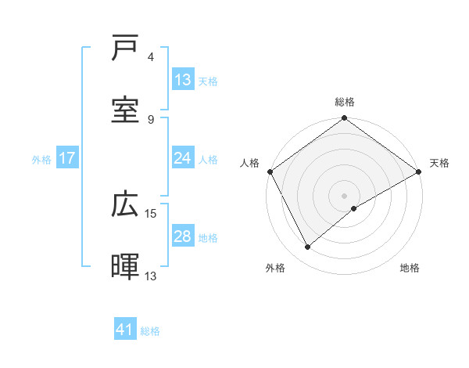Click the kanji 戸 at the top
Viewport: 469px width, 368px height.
point(127,49)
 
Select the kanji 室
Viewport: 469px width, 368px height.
point(127,110)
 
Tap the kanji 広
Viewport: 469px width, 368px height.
point(127,204)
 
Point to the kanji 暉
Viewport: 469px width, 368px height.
point(127,266)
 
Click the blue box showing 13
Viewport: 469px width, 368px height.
point(183,80)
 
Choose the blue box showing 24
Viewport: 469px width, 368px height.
point(183,158)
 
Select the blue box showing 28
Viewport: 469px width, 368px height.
point(183,236)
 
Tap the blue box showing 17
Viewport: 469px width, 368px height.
point(67,158)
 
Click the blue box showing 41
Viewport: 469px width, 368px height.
point(125,330)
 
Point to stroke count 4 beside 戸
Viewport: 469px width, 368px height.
point(151,57)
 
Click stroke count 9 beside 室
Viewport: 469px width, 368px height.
point(151,119)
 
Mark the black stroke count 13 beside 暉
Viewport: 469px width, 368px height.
point(151,276)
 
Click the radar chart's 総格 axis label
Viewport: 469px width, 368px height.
point(345,102)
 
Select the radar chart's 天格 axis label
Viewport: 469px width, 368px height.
point(439,163)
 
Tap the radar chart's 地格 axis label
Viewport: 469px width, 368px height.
point(410,268)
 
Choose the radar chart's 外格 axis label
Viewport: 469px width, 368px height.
point(275,268)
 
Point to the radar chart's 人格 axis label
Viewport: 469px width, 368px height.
point(249,163)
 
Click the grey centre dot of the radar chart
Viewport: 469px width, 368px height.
point(345,195)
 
